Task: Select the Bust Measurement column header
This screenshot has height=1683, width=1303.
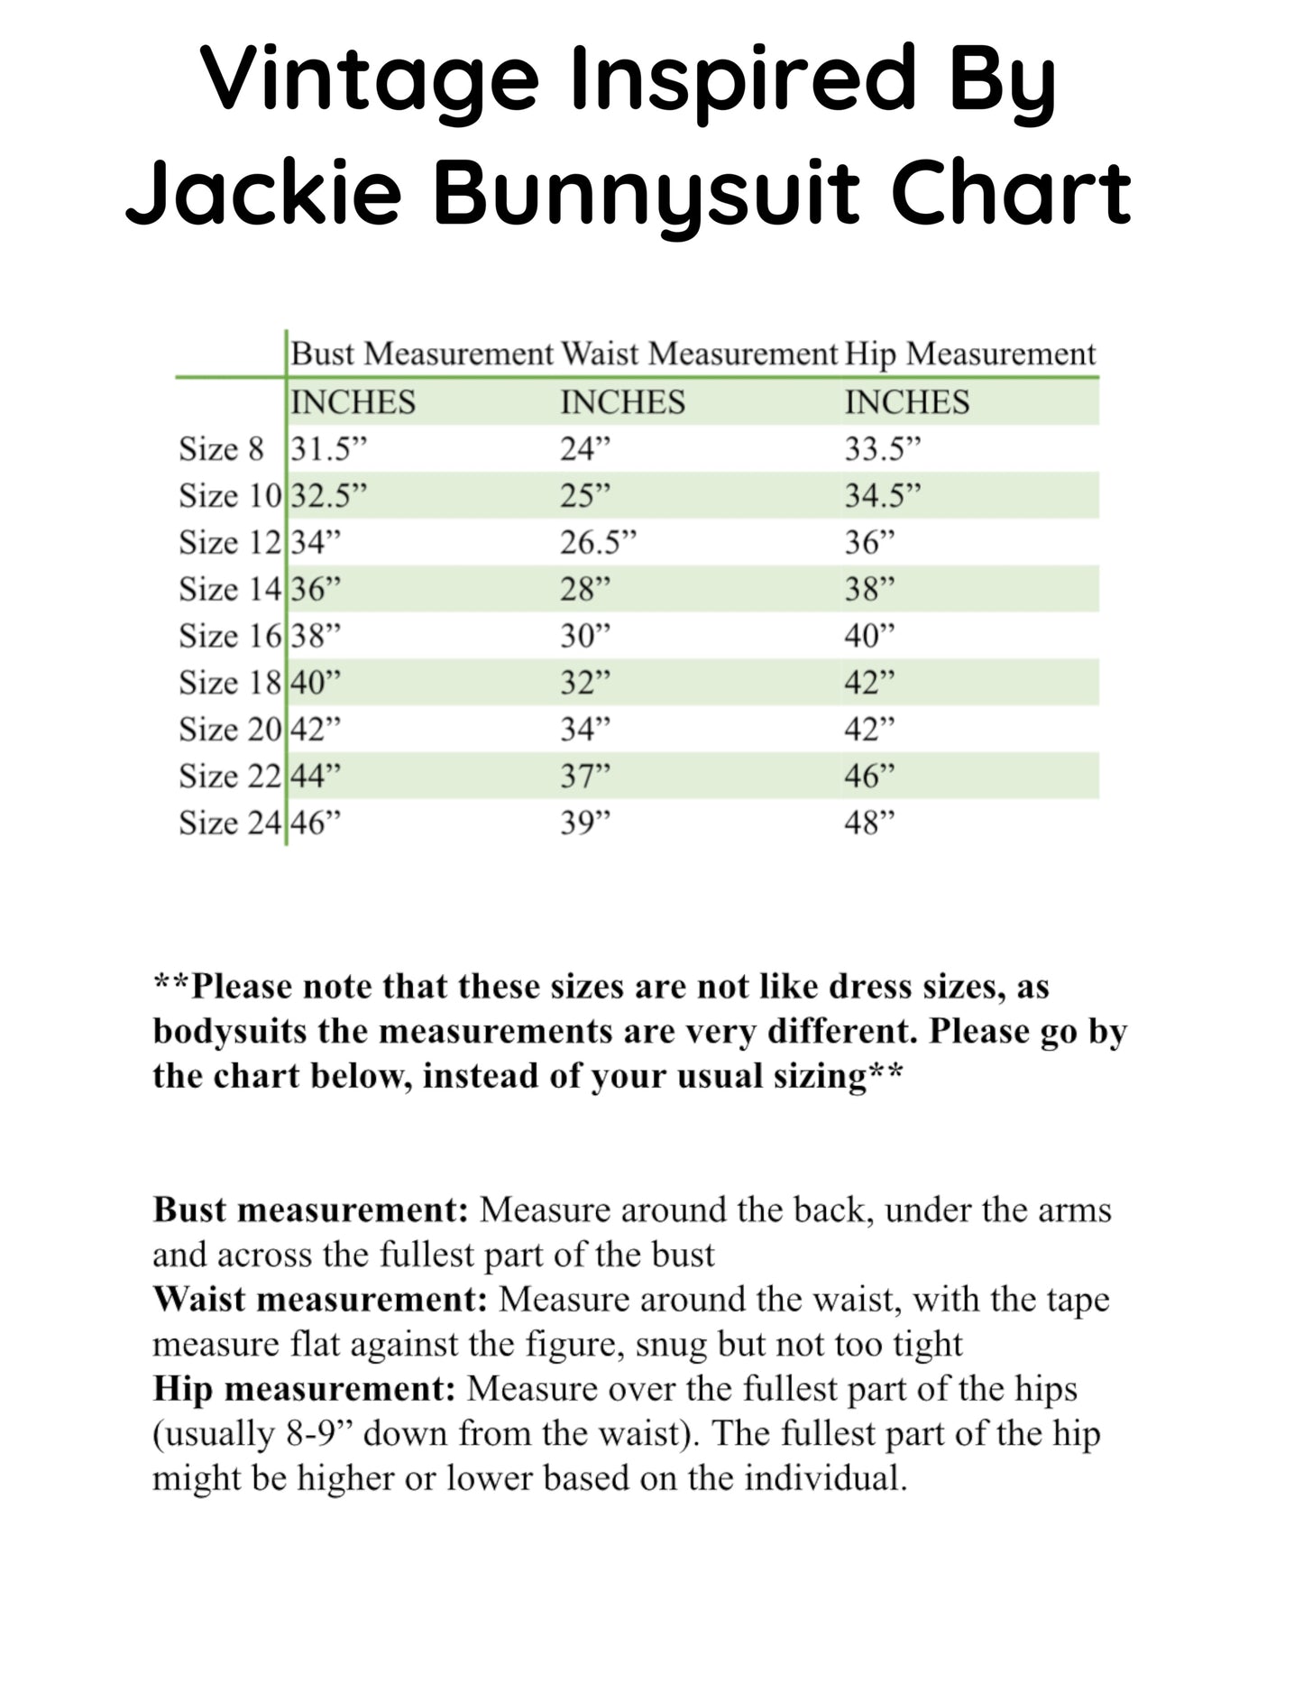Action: (x=421, y=354)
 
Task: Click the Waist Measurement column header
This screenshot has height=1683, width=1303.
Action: (x=699, y=354)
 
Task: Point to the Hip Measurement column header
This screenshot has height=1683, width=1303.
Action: (x=970, y=354)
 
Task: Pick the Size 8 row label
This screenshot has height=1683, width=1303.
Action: (x=222, y=449)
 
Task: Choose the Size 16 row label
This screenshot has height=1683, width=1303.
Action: (x=230, y=636)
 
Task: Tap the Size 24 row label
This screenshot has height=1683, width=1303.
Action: (x=230, y=823)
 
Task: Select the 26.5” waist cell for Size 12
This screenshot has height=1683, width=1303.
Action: (x=598, y=543)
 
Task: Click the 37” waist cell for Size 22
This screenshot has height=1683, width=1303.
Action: (x=585, y=776)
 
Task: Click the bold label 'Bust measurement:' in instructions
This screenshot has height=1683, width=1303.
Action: (x=310, y=1209)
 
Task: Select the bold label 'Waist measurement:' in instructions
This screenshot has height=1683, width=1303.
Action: (x=320, y=1300)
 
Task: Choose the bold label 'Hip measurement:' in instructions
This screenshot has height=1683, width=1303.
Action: (x=304, y=1389)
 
